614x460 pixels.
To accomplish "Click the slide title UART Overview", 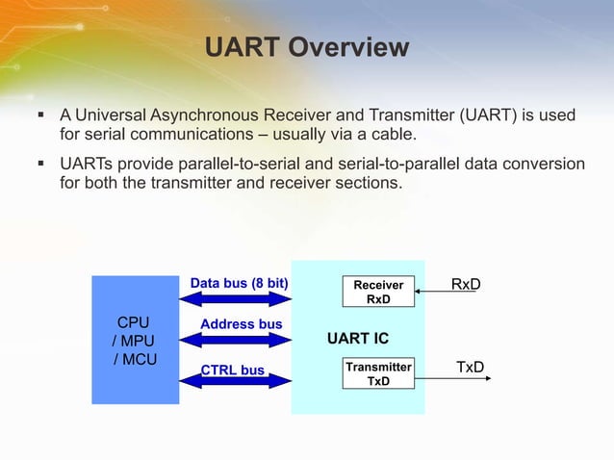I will (x=307, y=47).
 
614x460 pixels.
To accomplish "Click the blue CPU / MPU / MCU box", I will (x=135, y=340).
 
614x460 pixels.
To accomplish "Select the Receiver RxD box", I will (x=378, y=293).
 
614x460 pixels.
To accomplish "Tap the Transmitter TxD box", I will (x=378, y=373).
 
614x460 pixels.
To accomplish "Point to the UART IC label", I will (x=357, y=339).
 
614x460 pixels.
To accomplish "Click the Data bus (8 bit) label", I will (x=240, y=284).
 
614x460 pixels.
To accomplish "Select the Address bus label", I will (x=241, y=324).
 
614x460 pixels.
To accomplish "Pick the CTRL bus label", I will (x=233, y=370).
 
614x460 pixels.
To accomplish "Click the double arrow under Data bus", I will (x=235, y=299).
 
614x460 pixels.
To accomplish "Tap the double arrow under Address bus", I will (x=235, y=339).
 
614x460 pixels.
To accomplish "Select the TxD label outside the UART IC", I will (x=470, y=367).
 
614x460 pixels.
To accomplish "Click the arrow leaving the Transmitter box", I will (x=452, y=378).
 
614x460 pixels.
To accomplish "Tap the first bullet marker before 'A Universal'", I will (x=40, y=116).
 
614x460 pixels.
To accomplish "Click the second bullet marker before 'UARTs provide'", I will (x=40, y=165).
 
